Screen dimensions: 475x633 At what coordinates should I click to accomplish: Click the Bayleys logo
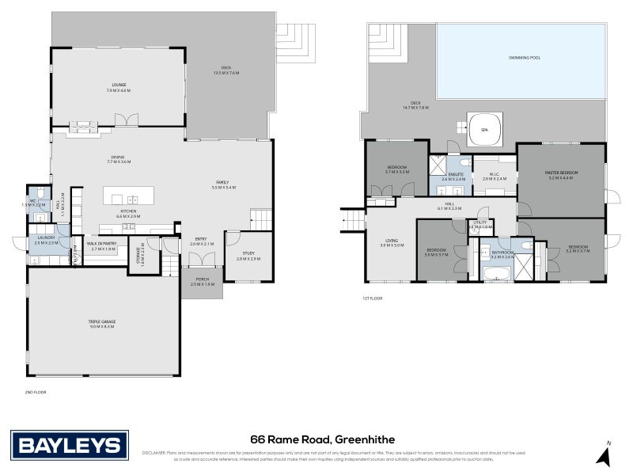[x=69, y=443]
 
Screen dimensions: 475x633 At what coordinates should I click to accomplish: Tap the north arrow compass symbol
[x=605, y=454]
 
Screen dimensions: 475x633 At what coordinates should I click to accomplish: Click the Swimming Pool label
[x=523, y=59]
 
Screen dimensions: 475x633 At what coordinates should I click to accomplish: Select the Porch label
[x=202, y=282]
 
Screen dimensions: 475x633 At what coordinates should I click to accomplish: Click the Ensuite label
[x=455, y=176]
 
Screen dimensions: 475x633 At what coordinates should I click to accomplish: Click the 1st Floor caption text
[x=373, y=298]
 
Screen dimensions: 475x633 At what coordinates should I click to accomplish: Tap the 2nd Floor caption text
[x=36, y=391]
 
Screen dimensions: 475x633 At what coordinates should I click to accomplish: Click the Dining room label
[x=118, y=159]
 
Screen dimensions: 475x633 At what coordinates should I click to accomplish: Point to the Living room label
[x=391, y=243]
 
